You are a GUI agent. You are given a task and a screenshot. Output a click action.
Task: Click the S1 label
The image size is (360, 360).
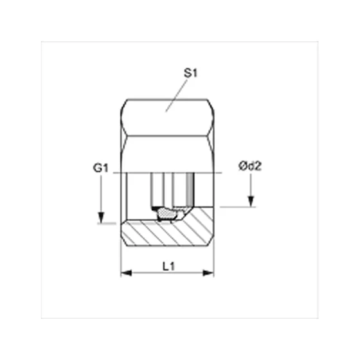click(x=190, y=73)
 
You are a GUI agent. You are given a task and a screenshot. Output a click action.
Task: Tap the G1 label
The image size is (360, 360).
click(x=100, y=168)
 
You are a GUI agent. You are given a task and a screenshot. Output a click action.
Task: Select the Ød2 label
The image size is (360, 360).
click(x=250, y=166)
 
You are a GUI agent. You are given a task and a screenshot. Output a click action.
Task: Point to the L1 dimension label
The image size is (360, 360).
click(x=168, y=267)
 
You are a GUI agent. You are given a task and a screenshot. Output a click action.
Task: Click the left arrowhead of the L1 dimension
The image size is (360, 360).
click(x=126, y=273)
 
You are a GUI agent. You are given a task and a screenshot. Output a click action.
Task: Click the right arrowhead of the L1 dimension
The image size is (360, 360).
click(x=208, y=273)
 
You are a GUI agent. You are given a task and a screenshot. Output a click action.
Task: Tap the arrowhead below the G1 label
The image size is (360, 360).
click(x=101, y=218)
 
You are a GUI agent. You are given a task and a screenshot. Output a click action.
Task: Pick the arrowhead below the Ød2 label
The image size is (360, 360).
click(x=251, y=202)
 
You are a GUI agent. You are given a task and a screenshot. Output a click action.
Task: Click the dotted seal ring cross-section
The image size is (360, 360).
click(x=167, y=214)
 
